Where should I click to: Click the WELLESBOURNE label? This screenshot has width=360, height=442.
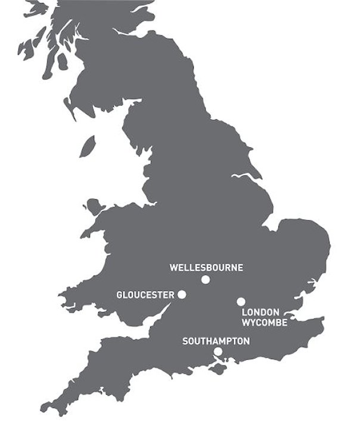point(206,267)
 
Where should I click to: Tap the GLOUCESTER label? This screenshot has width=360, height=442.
point(145,295)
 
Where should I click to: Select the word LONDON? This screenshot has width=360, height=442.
point(260,313)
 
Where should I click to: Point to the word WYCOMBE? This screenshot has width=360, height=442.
point(264,323)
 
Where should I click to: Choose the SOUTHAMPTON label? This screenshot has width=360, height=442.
point(216,341)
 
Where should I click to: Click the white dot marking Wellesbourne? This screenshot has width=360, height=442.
point(206,279)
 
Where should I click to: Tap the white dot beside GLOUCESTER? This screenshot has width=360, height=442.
point(182,295)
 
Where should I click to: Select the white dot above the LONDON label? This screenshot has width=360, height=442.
point(241,302)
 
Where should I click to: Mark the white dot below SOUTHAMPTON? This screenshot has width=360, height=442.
point(218,352)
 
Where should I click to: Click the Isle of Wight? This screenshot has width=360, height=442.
point(218,370)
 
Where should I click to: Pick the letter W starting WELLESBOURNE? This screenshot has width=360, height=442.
point(173,267)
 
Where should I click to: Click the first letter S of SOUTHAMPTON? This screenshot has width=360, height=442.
point(185,341)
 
